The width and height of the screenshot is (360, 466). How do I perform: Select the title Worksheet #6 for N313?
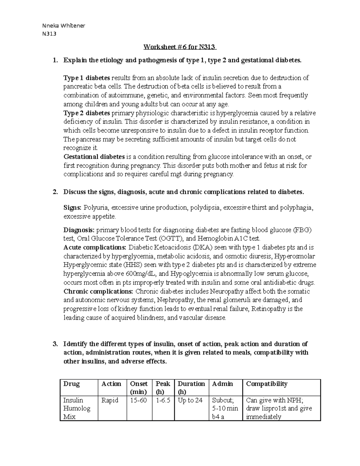point(180,47)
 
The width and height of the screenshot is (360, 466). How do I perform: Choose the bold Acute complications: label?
point(95,248)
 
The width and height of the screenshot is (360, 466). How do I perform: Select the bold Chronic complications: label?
point(98,291)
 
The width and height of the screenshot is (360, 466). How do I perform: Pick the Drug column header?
point(71,384)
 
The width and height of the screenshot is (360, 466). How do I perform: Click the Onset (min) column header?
point(139,387)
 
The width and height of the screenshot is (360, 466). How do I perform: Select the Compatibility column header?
point(266,384)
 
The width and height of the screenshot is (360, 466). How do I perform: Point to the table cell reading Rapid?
point(110,400)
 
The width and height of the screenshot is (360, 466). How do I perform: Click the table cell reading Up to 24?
point(190,400)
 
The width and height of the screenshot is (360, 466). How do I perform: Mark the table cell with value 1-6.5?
point(163,400)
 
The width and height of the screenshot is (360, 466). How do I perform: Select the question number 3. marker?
point(55,344)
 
